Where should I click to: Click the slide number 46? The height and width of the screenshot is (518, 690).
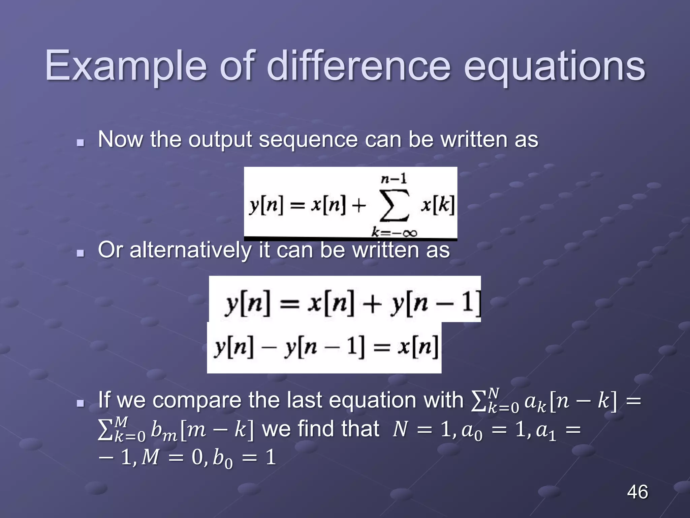(637, 492)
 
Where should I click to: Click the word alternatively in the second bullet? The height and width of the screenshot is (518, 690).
(190, 250)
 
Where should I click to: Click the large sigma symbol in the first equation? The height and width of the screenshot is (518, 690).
(394, 205)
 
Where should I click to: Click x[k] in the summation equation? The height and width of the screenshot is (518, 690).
(437, 204)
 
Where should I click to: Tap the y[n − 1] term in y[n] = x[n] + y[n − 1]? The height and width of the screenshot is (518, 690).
(435, 304)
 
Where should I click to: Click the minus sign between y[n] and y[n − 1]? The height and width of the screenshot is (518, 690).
(269, 347)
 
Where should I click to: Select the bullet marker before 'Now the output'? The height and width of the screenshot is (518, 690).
(80, 143)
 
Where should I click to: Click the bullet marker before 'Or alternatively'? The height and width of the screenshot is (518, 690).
(80, 253)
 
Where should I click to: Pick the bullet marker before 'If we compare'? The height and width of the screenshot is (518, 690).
(80, 403)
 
